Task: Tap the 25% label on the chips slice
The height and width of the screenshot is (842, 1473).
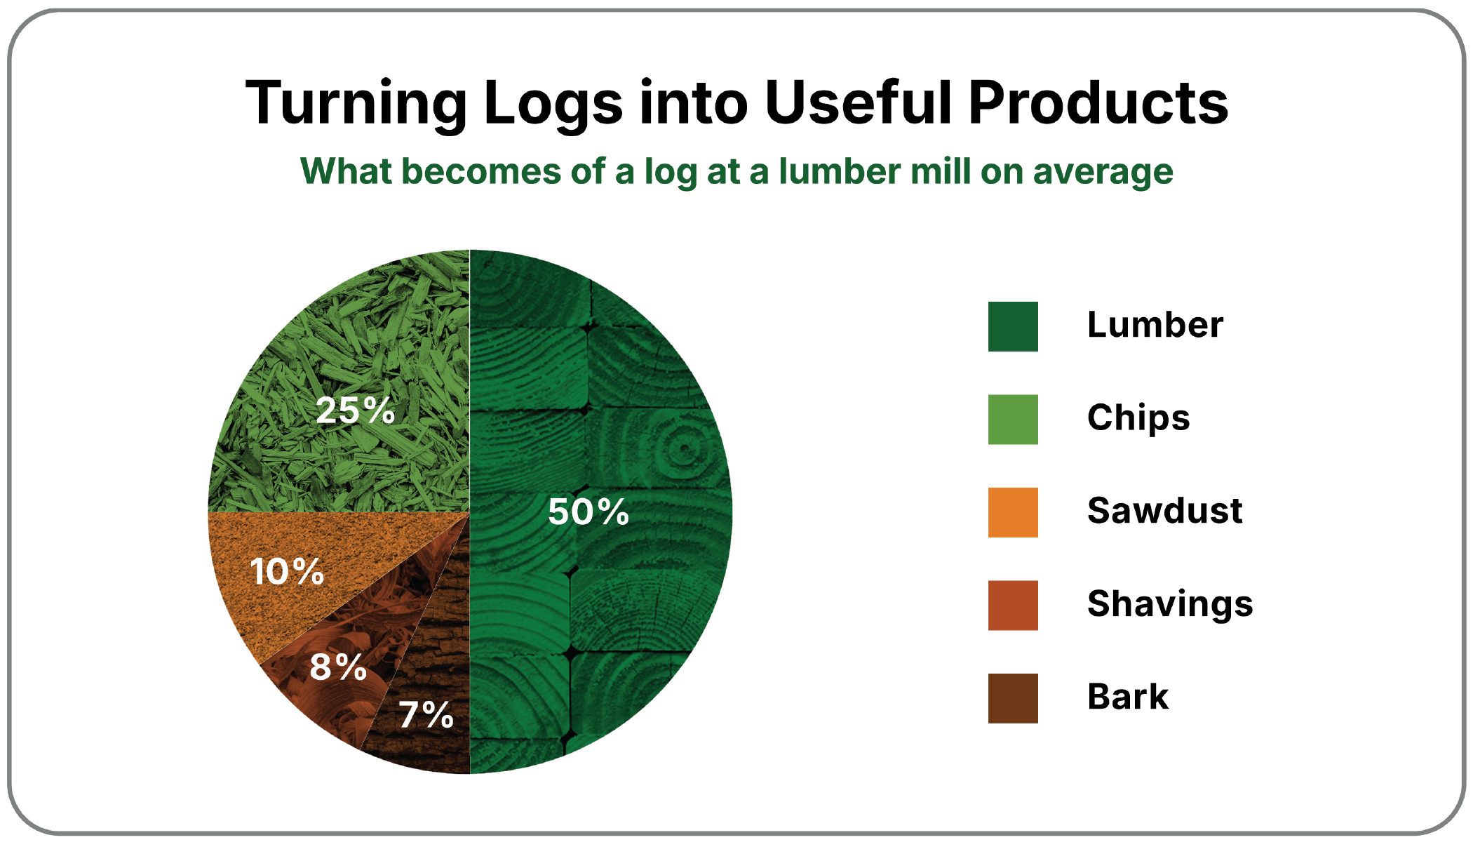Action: click(x=356, y=410)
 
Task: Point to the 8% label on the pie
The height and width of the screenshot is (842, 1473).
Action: click(x=338, y=666)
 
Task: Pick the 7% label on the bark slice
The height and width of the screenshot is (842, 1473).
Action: click(x=426, y=715)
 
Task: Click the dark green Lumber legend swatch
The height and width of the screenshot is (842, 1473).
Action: click(x=1013, y=326)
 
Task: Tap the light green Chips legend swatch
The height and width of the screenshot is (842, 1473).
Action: click(x=1013, y=420)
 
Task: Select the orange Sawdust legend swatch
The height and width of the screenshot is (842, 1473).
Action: click(x=1013, y=512)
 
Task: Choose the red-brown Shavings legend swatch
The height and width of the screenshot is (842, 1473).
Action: click(x=1013, y=606)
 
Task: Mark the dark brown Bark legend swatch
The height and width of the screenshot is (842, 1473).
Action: click(x=1013, y=698)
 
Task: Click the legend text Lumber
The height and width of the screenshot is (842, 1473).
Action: click(x=1155, y=325)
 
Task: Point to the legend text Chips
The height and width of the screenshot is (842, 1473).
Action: click(x=1138, y=419)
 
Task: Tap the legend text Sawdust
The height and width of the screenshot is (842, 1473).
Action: click(x=1165, y=510)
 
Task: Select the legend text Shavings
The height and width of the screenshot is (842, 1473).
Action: click(x=1170, y=605)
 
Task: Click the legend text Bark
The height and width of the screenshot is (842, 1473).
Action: click(x=1128, y=697)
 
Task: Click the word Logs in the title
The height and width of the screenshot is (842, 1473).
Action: click(x=553, y=105)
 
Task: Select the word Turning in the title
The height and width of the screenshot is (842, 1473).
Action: click(x=356, y=105)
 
